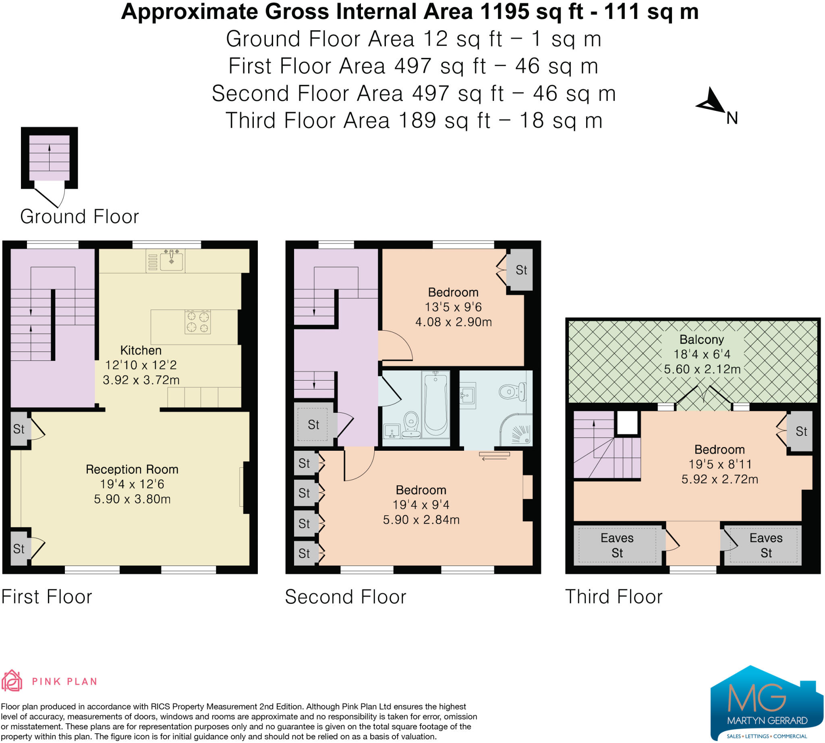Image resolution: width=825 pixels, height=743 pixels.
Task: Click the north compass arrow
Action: click(712, 102)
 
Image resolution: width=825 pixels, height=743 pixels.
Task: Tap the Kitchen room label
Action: click(141, 350)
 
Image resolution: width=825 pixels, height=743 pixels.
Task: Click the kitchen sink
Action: click(171, 260)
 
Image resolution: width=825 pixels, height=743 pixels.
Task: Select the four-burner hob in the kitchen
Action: click(197, 322)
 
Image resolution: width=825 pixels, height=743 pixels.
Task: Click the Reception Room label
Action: click(132, 470)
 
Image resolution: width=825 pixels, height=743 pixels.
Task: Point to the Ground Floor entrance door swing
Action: click(51, 197)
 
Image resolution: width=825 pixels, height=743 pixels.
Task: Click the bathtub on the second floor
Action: click(435, 404)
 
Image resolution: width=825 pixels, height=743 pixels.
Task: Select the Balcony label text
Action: click(701, 340)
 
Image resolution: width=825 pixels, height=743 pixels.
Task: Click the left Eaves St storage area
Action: click(617, 545)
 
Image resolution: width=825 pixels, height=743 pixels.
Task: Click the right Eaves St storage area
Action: click(765, 545)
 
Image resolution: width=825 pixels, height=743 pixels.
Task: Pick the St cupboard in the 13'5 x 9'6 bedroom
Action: click(520, 270)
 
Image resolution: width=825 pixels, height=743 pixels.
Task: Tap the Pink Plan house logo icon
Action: click(12, 681)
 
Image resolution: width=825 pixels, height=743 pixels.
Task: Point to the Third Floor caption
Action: click(613, 597)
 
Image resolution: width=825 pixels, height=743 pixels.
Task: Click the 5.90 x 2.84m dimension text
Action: click(421, 520)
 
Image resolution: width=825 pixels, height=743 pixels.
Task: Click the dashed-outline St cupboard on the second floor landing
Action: click(313, 425)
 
